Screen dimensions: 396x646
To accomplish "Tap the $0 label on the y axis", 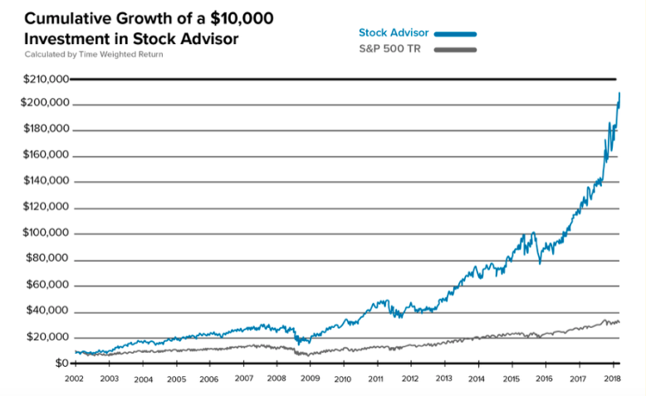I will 61,364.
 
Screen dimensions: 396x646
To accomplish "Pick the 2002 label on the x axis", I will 76,379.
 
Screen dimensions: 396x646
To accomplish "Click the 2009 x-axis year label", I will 310,379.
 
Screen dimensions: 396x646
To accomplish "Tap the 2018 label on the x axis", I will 611,379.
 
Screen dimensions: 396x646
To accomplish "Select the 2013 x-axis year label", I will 443,379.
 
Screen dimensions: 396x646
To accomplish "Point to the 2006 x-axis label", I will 209,379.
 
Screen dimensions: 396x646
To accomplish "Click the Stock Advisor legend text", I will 394,33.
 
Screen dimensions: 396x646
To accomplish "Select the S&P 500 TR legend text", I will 387,50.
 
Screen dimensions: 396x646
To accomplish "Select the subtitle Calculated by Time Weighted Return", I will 94,54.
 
